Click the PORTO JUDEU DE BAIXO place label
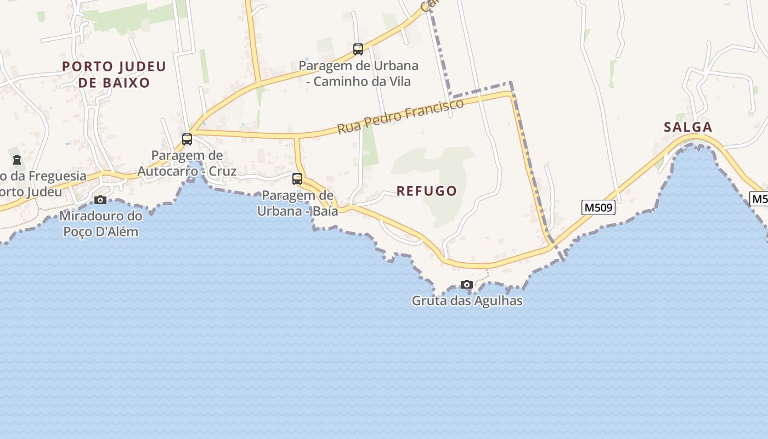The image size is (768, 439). click(114, 75)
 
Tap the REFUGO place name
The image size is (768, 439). click(427, 191)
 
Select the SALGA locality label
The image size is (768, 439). click(688, 127)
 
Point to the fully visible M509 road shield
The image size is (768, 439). click(598, 208)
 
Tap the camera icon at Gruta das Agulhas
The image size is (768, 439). click(467, 284)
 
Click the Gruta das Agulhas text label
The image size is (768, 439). click(467, 301)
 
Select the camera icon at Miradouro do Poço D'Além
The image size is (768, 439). click(100, 200)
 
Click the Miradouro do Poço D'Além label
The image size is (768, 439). click(101, 223)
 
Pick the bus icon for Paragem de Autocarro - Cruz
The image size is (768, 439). click(187, 139)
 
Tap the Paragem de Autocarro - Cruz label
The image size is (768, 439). click(187, 163)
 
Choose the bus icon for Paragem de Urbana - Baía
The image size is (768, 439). click(297, 178)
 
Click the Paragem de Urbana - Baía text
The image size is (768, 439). click(297, 203)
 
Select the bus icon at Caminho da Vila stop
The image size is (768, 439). click(358, 49)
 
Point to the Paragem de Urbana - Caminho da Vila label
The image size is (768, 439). click(358, 74)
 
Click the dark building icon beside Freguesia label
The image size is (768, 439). click(17, 160)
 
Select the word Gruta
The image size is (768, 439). click(428, 301)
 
